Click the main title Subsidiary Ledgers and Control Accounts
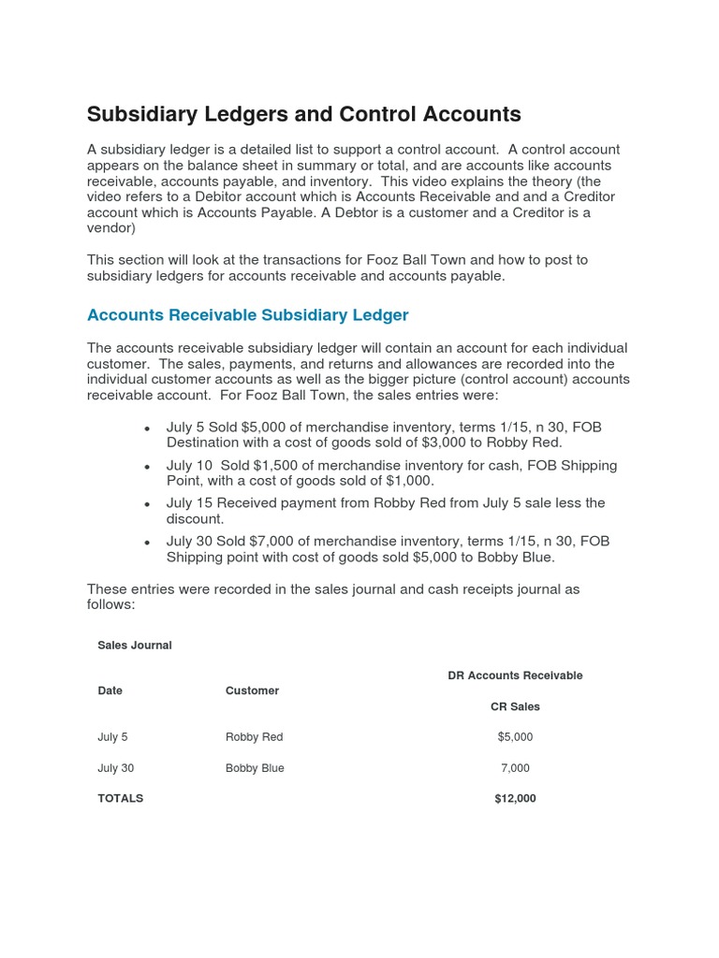[x=303, y=114]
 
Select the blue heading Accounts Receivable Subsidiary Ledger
[x=247, y=315]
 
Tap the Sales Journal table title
[x=135, y=646]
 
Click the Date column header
[x=110, y=690]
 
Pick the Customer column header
[x=252, y=690]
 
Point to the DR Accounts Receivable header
[x=515, y=675]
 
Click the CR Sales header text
[x=515, y=706]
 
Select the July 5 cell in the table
[x=112, y=737]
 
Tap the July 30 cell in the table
[x=115, y=768]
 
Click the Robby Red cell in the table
[x=254, y=737]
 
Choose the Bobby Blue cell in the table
[x=255, y=768]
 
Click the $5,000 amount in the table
[x=515, y=737]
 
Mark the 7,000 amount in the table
[x=515, y=768]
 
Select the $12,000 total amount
[x=515, y=799]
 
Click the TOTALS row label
[x=120, y=799]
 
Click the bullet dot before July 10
[x=147, y=467]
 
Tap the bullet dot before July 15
[x=147, y=504]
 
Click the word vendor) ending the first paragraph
[x=111, y=228]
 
